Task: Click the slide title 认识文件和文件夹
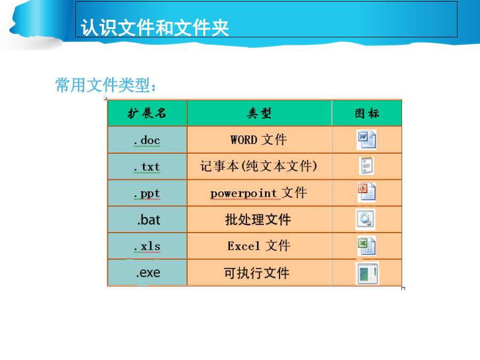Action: [x=155, y=28]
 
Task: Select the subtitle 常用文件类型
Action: [x=106, y=85]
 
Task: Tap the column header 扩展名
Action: [x=147, y=113]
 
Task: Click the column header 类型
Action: [x=259, y=113]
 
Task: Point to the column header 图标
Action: [x=367, y=113]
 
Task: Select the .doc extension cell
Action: [x=147, y=140]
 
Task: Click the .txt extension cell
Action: [x=147, y=166]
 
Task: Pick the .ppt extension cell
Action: [x=147, y=193]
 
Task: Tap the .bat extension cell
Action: [x=147, y=220]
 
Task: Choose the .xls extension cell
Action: [x=147, y=246]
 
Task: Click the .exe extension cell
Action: [x=147, y=273]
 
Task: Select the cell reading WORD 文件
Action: [x=259, y=140]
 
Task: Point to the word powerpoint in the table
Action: [x=244, y=194]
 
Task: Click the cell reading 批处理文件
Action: [x=259, y=220]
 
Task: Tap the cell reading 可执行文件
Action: [x=259, y=273]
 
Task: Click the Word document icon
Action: [x=366, y=140]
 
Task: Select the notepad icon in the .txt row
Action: [x=366, y=166]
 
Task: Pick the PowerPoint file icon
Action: [x=366, y=192]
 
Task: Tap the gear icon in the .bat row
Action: [x=365, y=219]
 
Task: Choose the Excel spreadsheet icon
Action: [x=366, y=246]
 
